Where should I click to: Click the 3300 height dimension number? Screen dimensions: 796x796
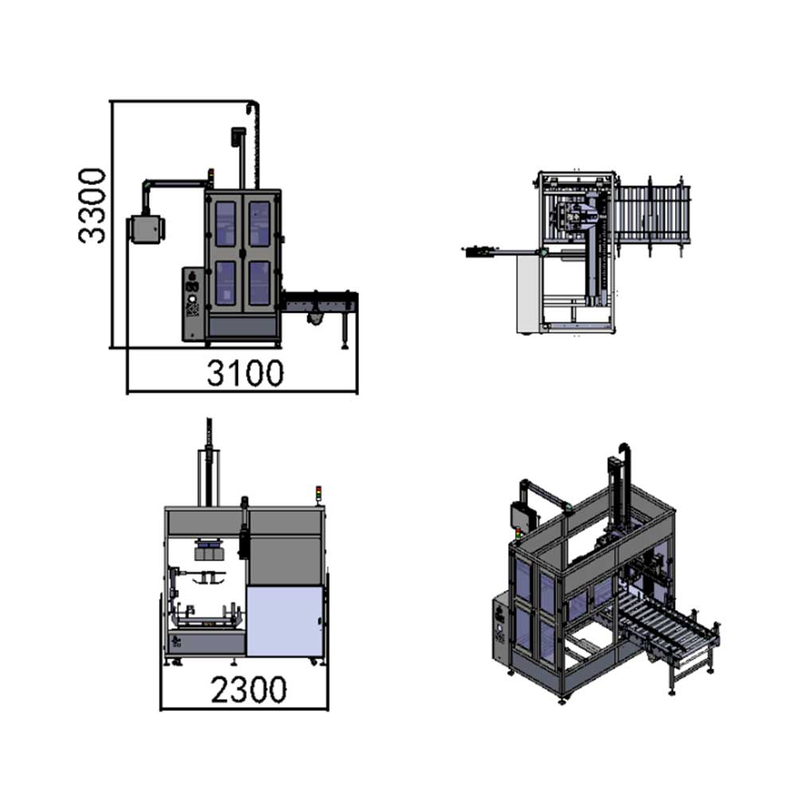[x=92, y=206]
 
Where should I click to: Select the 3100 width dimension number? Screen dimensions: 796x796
[x=245, y=373]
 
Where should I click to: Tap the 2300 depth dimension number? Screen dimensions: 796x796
[x=248, y=689]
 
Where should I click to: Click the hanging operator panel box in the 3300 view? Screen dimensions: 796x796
[x=146, y=229]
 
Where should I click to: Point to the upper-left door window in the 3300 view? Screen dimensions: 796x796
[x=225, y=224]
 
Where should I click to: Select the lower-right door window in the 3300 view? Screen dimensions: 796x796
[x=259, y=283]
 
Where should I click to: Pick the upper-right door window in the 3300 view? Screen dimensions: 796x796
[x=259, y=224]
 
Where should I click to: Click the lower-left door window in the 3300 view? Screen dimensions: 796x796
[x=225, y=283]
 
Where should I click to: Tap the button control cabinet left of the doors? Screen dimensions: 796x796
[x=193, y=303]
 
